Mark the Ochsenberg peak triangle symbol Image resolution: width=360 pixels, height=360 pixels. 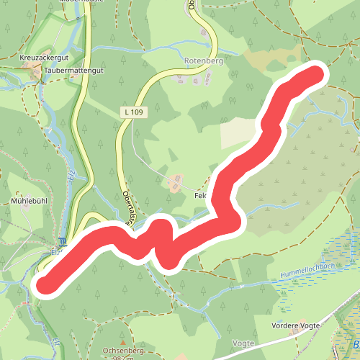123,343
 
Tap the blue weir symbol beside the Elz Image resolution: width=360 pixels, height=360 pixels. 63,242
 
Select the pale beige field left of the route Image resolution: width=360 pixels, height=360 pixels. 238,134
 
